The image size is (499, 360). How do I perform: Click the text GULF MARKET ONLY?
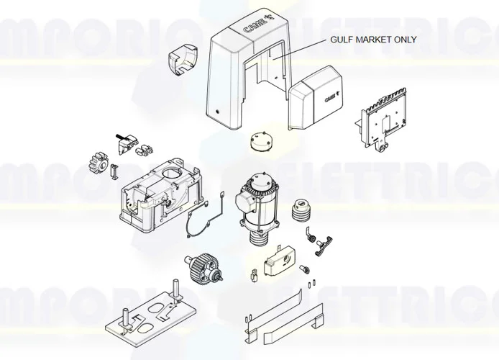point(373,40)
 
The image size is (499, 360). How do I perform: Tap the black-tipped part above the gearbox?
point(119,138)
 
